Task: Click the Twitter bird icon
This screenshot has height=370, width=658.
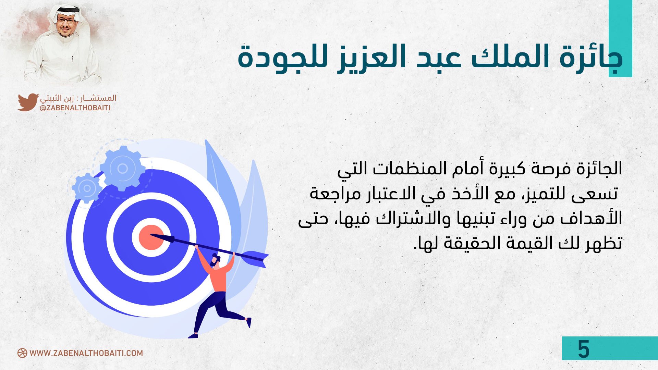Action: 28,102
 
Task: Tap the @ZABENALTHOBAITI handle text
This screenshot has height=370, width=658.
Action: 75,108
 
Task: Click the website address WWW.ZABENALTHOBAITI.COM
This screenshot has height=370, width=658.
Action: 86,353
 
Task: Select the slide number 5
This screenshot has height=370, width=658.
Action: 584,349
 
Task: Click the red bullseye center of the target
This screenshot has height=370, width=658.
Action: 151,237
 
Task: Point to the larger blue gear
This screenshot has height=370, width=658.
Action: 122,169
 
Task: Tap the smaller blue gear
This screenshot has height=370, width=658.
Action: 87,188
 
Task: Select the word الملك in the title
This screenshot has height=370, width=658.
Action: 511,57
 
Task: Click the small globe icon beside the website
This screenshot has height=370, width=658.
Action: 22,353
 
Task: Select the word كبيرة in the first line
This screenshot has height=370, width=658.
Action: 507,169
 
